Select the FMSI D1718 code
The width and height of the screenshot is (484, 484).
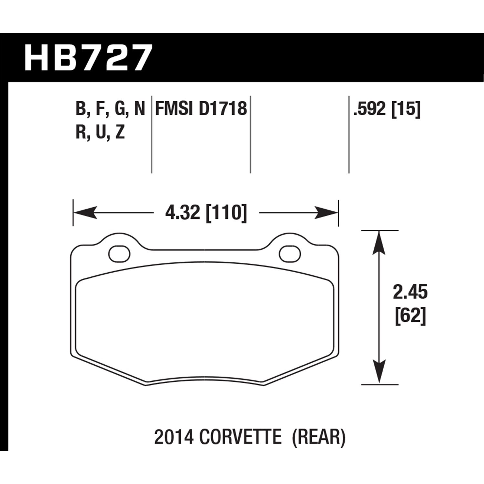(201, 108)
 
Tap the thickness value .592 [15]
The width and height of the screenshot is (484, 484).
(387, 108)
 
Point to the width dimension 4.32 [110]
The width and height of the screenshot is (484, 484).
(206, 213)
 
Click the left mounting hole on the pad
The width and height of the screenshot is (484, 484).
(119, 254)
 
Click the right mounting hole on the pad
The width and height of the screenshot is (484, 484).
(290, 254)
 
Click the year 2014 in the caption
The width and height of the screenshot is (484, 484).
(174, 438)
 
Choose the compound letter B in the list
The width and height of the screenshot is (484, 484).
(80, 109)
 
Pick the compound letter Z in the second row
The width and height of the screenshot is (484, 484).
(119, 132)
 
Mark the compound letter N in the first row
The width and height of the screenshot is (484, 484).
(139, 109)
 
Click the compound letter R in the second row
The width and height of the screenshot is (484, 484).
(80, 132)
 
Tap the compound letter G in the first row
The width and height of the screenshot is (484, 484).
(119, 109)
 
